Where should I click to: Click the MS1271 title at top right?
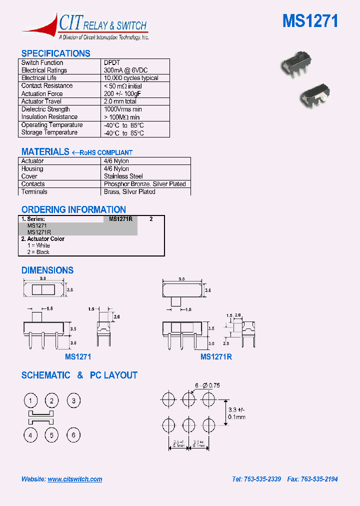point(310,21)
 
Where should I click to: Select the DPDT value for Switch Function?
point(111,63)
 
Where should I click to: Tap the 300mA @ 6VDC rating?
point(125,70)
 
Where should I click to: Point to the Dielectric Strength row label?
point(45,109)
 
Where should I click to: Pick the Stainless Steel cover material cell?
point(123,176)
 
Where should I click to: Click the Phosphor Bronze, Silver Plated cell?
point(144,184)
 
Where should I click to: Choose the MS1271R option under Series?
point(39,232)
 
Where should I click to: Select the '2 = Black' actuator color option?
point(38,252)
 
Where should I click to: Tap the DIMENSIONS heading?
point(47,270)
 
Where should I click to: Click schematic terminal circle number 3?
point(73,400)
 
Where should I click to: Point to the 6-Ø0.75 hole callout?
point(207,385)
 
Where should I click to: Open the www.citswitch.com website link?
point(75,479)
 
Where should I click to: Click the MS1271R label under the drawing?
point(216,357)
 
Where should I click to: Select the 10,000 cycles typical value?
point(131,78)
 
